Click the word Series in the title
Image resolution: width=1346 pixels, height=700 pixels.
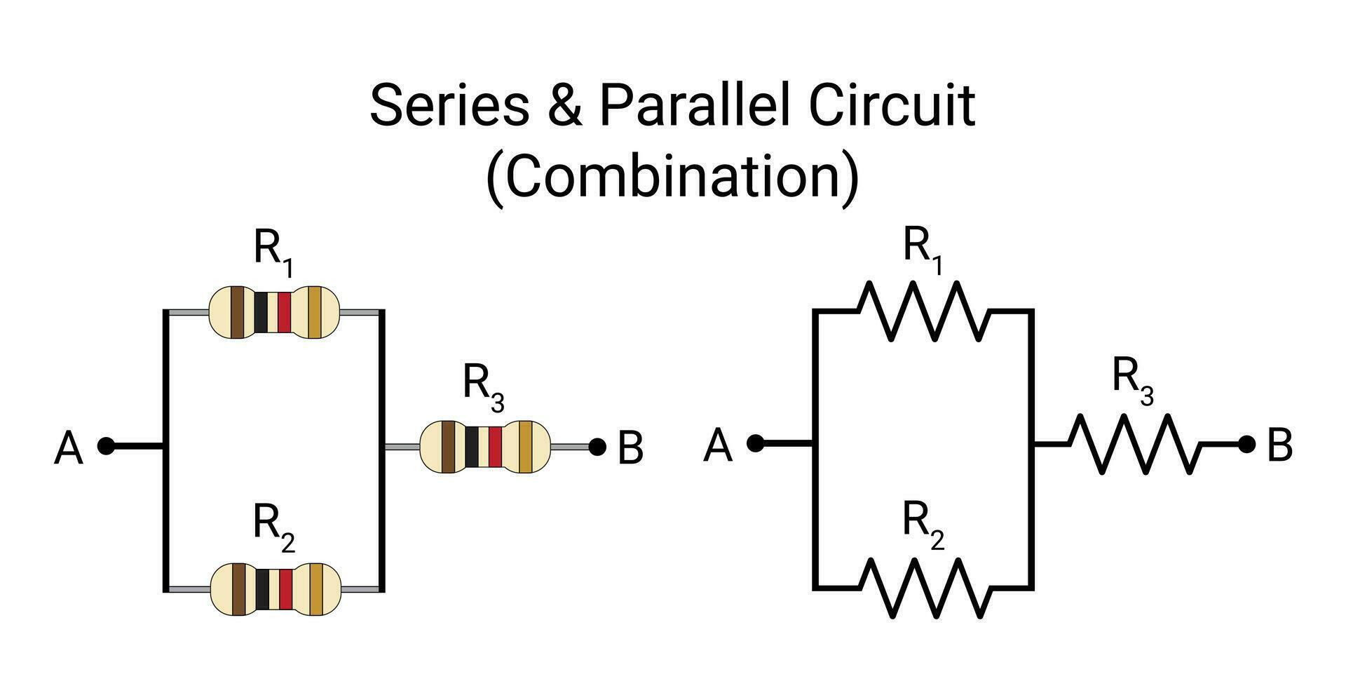click(449, 105)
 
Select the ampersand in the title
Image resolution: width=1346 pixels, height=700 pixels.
click(565, 105)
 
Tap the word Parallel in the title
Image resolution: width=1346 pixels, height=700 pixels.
click(695, 105)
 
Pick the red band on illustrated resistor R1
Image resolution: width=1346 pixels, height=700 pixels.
click(284, 312)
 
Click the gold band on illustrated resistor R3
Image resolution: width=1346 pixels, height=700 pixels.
click(525, 447)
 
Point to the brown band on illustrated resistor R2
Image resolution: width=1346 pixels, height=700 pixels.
click(239, 589)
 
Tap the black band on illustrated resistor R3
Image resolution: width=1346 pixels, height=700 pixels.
click(472, 447)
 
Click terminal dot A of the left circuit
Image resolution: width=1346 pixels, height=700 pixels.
click(106, 446)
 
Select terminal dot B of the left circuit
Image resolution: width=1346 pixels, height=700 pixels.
click(597, 447)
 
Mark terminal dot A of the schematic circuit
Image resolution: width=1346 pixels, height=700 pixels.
click(755, 443)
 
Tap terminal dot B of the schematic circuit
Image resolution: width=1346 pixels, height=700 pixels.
click(1246, 444)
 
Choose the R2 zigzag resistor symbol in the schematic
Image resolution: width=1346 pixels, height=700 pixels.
click(925, 588)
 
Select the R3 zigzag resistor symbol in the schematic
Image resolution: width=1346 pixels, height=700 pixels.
click(1136, 444)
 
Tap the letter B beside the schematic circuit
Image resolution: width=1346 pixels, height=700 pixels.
click(1280, 446)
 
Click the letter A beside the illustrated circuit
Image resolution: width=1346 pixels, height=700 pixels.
click(69, 449)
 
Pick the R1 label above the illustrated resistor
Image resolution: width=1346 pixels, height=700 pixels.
click(273, 252)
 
